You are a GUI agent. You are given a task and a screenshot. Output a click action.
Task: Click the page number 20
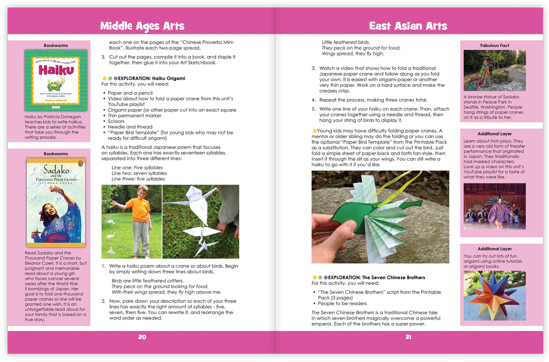point(142,337)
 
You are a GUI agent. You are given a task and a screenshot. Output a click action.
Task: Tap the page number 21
point(408,337)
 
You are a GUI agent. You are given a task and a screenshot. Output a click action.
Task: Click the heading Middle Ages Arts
point(142,26)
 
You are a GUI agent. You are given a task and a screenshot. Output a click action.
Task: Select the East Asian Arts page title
point(408,26)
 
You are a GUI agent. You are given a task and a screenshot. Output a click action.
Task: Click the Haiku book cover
point(56,80)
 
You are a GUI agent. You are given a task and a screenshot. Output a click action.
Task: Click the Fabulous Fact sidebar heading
point(495,46)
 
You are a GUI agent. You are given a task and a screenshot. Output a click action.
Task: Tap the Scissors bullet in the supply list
point(118,122)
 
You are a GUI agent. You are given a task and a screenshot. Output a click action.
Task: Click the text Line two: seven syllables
point(139,173)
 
